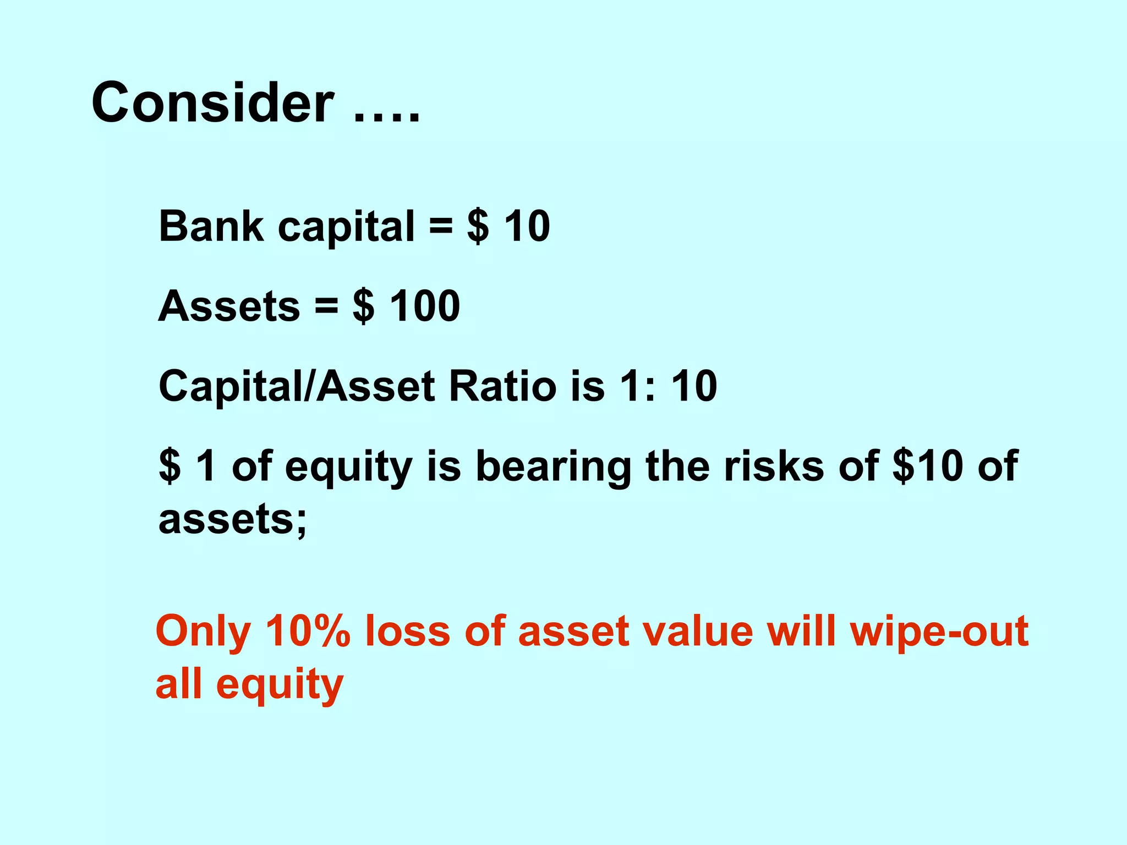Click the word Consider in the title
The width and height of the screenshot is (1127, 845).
click(x=212, y=103)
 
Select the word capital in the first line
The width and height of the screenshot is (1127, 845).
click(x=346, y=227)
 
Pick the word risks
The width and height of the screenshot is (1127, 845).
click(x=774, y=466)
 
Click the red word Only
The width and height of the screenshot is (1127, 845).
click(x=203, y=632)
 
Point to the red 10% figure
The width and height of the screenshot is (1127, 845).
click(x=308, y=632)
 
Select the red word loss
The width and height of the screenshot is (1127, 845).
click(x=408, y=632)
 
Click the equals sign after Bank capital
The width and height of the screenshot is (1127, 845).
click(x=441, y=227)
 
